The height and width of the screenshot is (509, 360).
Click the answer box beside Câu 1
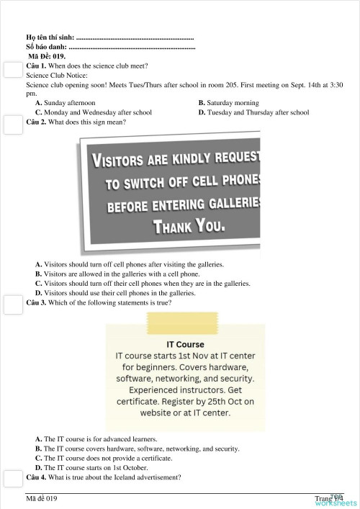pyautogui.click(x=11, y=70)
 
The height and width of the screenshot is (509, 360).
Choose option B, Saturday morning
pyautogui.click(x=228, y=103)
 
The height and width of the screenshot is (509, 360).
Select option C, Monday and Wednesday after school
pyautogui.click(x=93, y=112)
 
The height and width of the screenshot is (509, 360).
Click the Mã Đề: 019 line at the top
pyautogui.click(x=47, y=55)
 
